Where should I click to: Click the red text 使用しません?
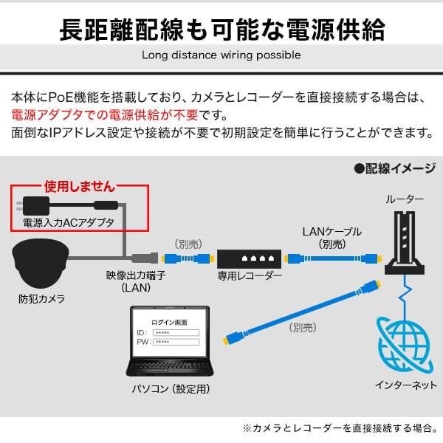click(x=78, y=187)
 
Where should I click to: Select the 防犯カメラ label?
click(x=41, y=299)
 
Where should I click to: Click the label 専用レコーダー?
click(x=250, y=276)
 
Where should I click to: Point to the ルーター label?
click(x=405, y=199)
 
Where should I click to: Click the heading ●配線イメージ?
click(x=395, y=168)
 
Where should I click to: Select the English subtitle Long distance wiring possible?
click(x=221, y=55)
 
